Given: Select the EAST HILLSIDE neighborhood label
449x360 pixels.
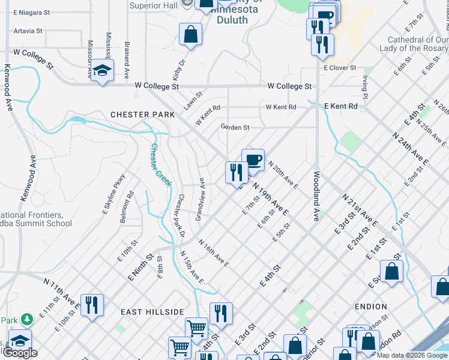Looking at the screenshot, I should click(x=152, y=312).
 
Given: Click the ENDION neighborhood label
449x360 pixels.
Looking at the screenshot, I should click(x=370, y=307).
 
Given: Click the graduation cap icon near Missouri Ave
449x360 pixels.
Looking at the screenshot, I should click(x=103, y=70).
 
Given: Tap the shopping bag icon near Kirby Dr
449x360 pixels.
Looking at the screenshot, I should click(x=190, y=34).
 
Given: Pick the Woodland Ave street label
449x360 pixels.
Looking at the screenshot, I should click(x=316, y=196).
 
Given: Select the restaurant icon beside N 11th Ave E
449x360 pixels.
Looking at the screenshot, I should click(x=92, y=305).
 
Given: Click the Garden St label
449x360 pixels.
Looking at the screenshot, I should click(x=235, y=127).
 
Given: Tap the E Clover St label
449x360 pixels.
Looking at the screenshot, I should click(x=340, y=68).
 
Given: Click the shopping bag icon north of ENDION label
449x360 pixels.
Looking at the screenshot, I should click(x=391, y=271).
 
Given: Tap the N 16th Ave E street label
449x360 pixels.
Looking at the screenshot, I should click(x=214, y=253).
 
